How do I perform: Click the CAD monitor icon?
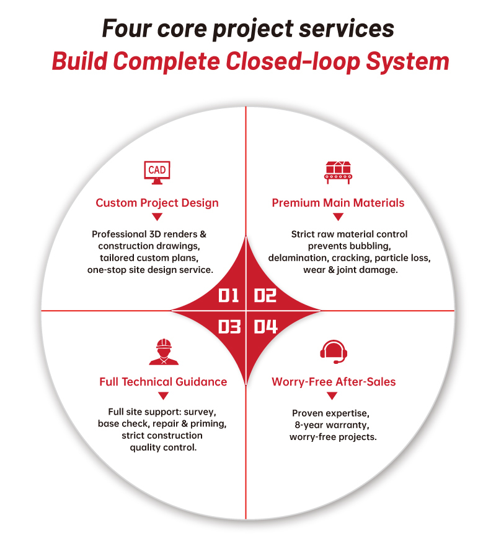[157, 173]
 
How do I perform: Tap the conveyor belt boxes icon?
[338, 173]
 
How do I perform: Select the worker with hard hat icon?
[164, 351]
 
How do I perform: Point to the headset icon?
[334, 352]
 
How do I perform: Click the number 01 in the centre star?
[229, 295]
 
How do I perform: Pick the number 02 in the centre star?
[265, 295]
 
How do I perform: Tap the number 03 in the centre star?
[229, 327]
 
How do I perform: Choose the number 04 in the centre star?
[265, 327]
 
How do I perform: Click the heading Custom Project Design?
[157, 203]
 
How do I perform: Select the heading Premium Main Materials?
[338, 203]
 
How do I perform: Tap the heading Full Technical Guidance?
[163, 382]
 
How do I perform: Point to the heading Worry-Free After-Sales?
[334, 382]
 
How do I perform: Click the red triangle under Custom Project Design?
[157, 217]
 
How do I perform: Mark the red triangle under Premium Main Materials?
[338, 217]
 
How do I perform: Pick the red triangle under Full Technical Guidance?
[163, 396]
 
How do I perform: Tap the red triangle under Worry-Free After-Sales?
[332, 396]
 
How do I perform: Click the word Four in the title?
[126, 28]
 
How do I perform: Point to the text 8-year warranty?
[332, 425]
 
